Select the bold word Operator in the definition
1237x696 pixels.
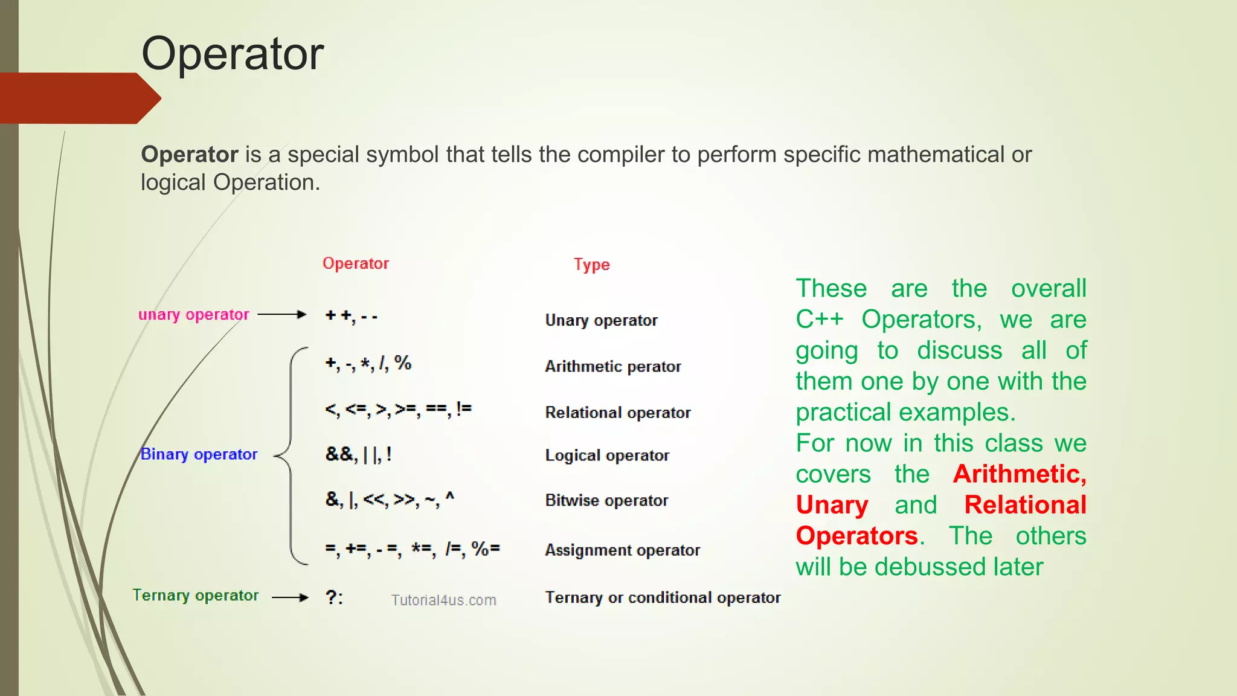[x=190, y=155]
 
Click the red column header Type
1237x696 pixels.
[x=591, y=265]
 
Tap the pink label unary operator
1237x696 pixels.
[x=193, y=315]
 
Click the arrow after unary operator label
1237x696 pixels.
[x=282, y=315]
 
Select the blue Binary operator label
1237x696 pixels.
[x=199, y=454]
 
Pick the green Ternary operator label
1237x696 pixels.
[x=195, y=596]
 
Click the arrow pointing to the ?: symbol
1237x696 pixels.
[x=290, y=598]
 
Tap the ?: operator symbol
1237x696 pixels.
[x=334, y=598]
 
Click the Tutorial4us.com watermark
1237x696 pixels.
[x=443, y=601]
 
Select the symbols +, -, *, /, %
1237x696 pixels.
[x=368, y=363]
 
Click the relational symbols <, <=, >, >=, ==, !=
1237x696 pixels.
[x=398, y=410]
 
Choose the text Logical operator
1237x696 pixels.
[x=607, y=456]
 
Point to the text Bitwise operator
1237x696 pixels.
[x=606, y=501]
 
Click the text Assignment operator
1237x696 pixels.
[x=622, y=550]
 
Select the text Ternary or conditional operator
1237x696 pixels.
[x=663, y=598]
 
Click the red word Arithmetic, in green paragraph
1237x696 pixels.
[x=1020, y=474]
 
